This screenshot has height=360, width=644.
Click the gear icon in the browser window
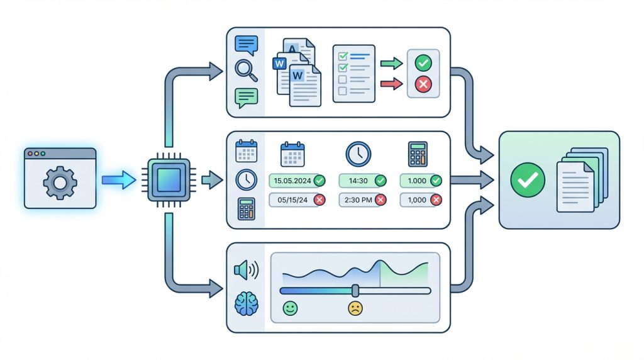click(x=60, y=183)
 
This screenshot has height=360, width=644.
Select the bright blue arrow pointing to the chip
click(x=119, y=180)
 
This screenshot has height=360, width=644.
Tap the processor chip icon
click(x=169, y=180)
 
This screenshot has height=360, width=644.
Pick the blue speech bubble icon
click(x=247, y=45)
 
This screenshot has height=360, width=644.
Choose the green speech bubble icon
click(x=247, y=98)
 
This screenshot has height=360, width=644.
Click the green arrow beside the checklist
click(x=391, y=64)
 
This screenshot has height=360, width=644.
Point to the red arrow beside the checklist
click(x=391, y=84)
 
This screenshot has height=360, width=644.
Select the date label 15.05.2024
click(x=292, y=181)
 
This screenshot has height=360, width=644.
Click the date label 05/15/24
click(x=292, y=200)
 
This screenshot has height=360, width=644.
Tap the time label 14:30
click(x=358, y=181)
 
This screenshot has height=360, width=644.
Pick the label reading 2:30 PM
click(x=358, y=200)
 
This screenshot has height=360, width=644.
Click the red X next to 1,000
click(x=436, y=200)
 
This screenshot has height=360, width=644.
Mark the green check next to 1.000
click(x=436, y=181)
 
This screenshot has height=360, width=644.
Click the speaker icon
click(x=247, y=270)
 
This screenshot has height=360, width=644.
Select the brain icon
click(x=247, y=304)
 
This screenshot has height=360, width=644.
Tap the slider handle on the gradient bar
click(x=355, y=291)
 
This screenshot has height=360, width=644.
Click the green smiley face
click(x=291, y=308)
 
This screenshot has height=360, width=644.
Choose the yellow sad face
click(x=355, y=308)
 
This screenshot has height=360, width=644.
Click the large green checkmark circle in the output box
click(x=528, y=180)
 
